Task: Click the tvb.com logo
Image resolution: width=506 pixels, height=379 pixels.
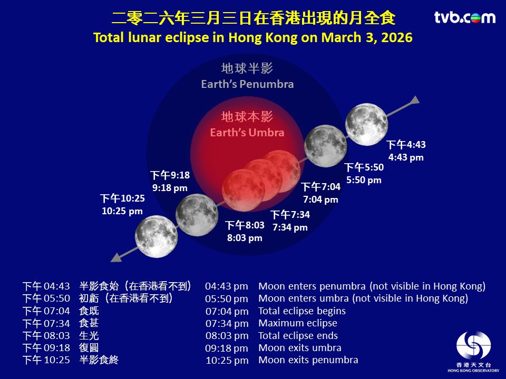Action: [465, 17]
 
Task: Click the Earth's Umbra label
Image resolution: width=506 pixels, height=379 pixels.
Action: [247, 133]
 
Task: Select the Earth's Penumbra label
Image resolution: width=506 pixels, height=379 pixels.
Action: [247, 84]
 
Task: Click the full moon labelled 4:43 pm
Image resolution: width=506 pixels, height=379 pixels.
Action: [367, 124]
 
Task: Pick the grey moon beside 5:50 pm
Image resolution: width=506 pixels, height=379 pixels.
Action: [326, 146]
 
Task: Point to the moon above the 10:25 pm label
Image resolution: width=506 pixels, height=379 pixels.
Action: [156, 236]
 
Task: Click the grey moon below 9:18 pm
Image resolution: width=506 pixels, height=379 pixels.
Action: [197, 215]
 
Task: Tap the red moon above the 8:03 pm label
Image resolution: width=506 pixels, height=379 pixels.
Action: [244, 190]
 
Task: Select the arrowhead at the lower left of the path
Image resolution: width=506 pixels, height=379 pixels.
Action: [115, 257]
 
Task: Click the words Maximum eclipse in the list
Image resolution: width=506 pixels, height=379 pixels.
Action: [298, 323]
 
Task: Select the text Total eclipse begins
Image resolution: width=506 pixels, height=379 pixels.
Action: [302, 311]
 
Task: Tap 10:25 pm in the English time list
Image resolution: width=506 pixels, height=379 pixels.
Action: [227, 360]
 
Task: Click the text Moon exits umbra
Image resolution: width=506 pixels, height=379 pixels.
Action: [300, 348]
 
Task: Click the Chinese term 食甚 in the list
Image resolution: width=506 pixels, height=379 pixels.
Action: [89, 323]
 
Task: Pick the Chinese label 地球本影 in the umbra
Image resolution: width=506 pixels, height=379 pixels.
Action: [247, 117]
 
